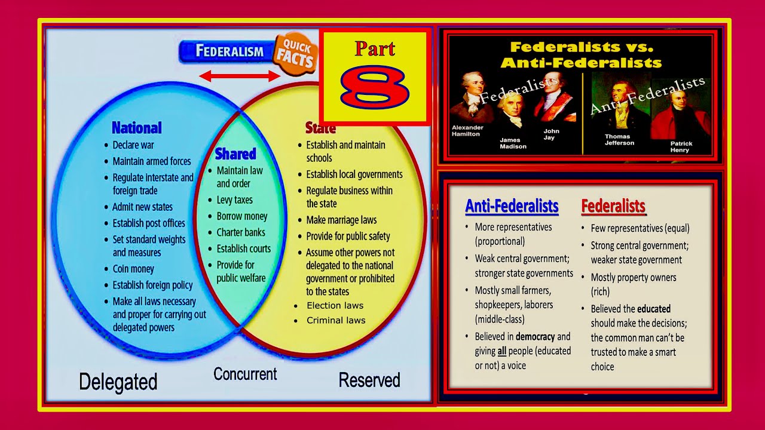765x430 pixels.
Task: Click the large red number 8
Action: click(x=375, y=88)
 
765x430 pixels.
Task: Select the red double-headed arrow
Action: click(x=240, y=76)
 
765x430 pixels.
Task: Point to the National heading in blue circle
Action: click(x=136, y=128)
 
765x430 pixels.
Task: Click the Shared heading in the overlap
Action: click(x=235, y=154)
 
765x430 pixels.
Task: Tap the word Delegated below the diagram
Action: click(x=118, y=382)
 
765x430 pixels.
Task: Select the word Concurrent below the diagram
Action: click(x=245, y=374)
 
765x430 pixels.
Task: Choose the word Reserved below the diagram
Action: click(x=369, y=380)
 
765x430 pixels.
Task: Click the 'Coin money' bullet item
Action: click(x=133, y=269)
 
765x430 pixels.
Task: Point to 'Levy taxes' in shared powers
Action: click(x=234, y=200)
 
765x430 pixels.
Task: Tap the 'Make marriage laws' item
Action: click(x=341, y=220)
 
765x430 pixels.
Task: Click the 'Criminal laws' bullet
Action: click(x=336, y=320)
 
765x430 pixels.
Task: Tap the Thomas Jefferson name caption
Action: click(x=619, y=140)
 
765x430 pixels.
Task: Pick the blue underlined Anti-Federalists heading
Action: click(x=512, y=207)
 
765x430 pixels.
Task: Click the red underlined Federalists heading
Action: click(x=613, y=207)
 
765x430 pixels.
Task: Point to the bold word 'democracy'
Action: click(x=535, y=336)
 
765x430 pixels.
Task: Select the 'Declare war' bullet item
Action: click(x=133, y=145)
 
